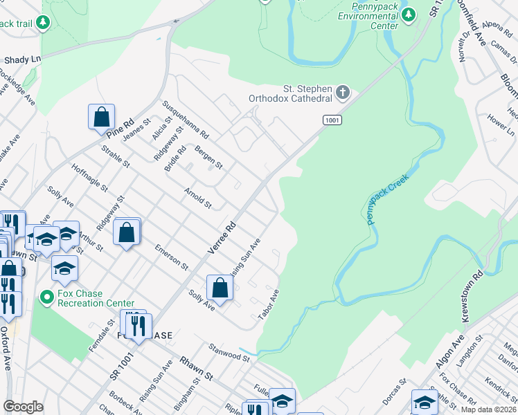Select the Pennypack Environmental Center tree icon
pyautogui.click(x=409, y=14)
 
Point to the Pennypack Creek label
pyautogui.click(x=388, y=199)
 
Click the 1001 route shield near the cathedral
pyautogui.click(x=332, y=120)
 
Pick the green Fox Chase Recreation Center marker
pyautogui.click(x=47, y=298)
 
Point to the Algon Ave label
pyautogui.click(x=458, y=351)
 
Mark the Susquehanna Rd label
pyautogui.click(x=185, y=118)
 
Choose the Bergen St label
pyautogui.click(x=208, y=157)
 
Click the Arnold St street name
pyautogui.click(x=197, y=197)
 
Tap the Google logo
pyautogui.click(x=24, y=406)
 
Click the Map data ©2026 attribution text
pyautogui.click(x=489, y=409)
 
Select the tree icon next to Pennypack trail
pyautogui.click(x=44, y=23)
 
